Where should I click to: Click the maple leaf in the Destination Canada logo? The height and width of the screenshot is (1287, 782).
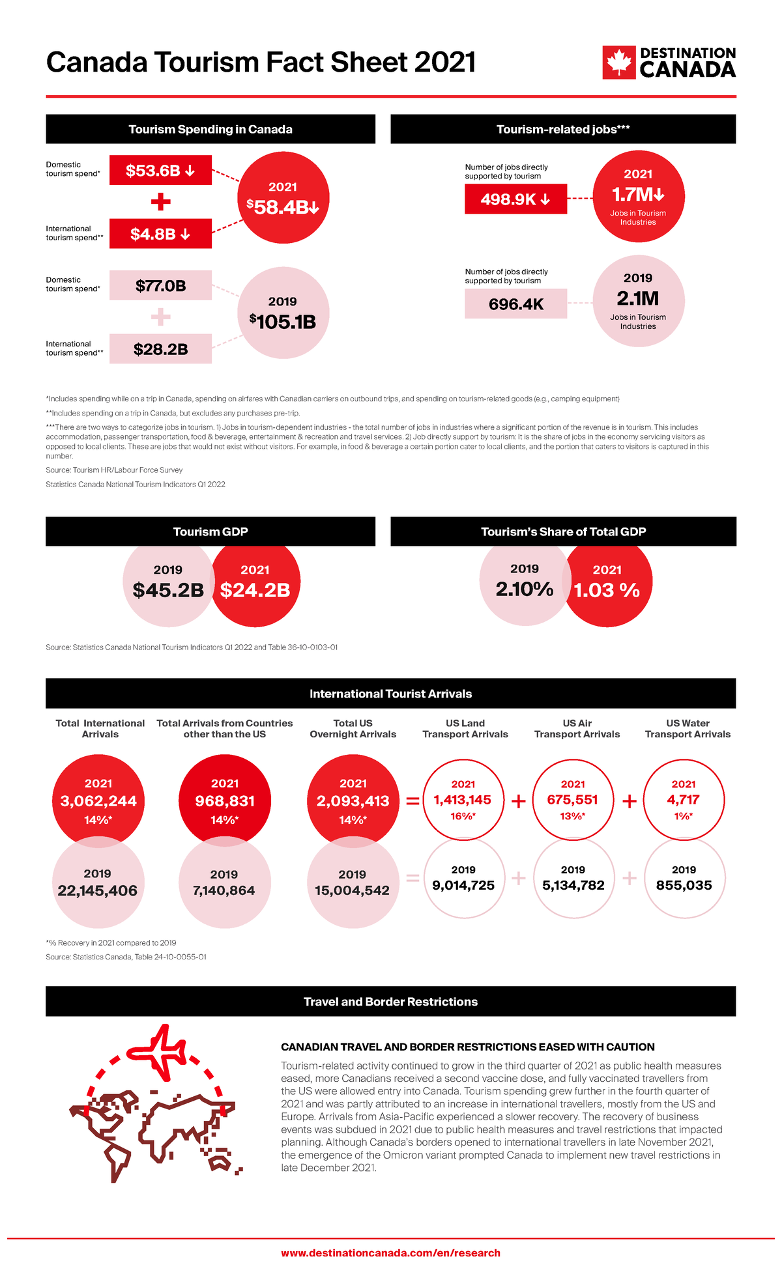(x=618, y=63)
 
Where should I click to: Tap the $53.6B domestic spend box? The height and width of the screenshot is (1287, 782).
(x=160, y=171)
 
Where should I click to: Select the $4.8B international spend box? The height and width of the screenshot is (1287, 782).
(x=160, y=234)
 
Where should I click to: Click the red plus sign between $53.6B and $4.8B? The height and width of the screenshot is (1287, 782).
(x=160, y=202)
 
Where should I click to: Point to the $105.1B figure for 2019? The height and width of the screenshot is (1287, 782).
(x=283, y=322)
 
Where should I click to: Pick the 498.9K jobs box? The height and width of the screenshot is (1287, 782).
(x=515, y=199)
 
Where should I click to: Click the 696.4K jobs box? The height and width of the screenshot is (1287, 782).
(x=515, y=304)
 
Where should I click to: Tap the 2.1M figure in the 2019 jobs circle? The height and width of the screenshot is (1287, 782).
(x=638, y=298)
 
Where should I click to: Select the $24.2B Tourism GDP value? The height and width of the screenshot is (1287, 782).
(x=255, y=590)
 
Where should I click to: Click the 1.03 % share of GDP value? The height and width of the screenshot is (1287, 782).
(x=607, y=590)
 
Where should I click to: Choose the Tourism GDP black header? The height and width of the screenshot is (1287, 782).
(x=210, y=531)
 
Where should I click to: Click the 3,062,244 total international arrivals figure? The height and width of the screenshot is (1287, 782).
(x=98, y=801)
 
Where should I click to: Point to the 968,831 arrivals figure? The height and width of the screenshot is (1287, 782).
(x=225, y=801)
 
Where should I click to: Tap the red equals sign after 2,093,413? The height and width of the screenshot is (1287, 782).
(x=413, y=801)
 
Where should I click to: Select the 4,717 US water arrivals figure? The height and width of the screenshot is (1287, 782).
(x=683, y=799)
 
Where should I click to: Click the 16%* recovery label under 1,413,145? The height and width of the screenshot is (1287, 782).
(x=463, y=816)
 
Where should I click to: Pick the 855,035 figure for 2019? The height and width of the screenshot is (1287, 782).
(x=684, y=885)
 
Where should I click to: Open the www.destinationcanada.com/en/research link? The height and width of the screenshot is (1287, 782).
(x=390, y=1252)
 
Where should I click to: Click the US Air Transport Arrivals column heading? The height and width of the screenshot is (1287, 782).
(x=577, y=728)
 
